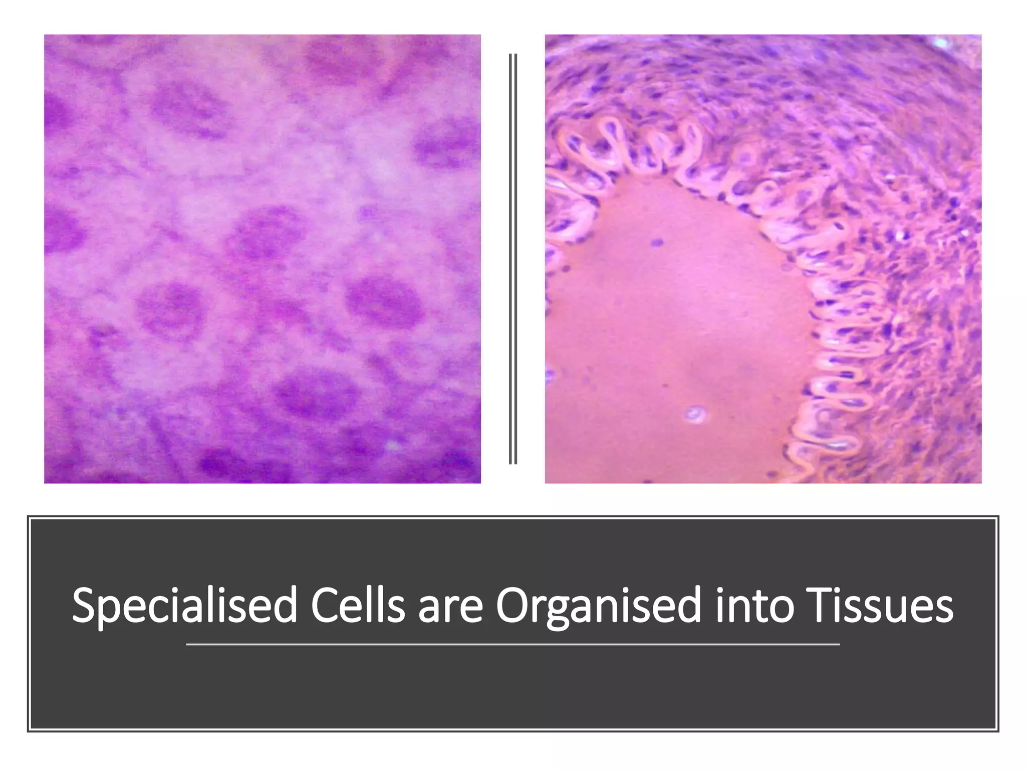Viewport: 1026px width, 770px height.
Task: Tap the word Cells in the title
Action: tap(357, 607)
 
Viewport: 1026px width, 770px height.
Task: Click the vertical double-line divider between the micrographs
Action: tap(512, 258)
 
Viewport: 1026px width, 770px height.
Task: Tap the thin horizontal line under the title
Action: tap(512, 644)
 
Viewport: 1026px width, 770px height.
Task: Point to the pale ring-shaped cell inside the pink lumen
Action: tap(695, 414)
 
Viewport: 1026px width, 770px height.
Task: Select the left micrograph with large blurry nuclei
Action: tap(262, 258)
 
